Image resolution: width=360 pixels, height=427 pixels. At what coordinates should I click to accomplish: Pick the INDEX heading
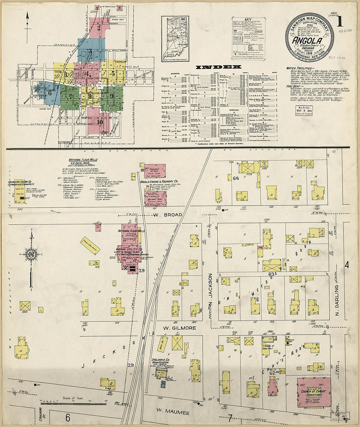(x=218, y=67)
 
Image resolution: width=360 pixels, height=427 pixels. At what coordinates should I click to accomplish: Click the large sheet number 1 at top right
(x=339, y=21)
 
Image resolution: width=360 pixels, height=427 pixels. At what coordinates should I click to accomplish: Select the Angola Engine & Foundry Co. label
(x=159, y=181)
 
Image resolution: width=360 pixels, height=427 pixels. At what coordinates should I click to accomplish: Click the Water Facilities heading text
(x=298, y=68)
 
